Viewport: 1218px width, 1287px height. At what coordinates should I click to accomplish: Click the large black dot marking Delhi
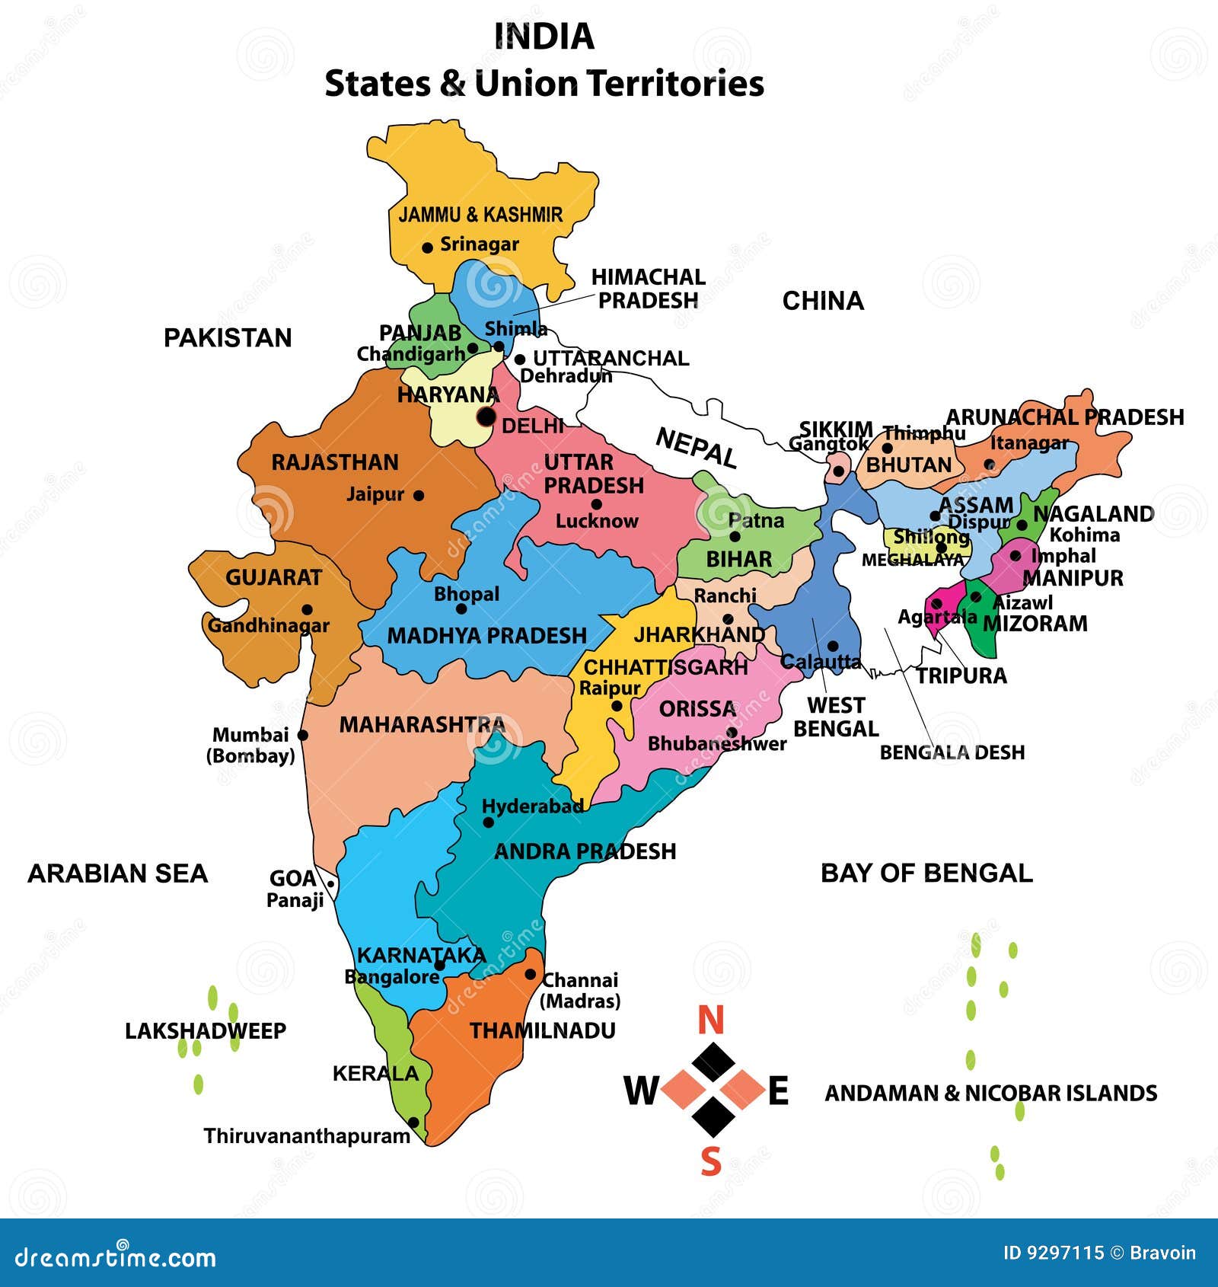486,417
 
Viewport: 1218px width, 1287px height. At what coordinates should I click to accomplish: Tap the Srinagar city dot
427,248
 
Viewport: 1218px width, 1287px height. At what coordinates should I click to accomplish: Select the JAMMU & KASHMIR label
480,215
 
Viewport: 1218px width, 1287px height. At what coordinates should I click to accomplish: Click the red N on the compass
710,1020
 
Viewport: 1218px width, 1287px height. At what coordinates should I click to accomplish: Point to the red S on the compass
710,1162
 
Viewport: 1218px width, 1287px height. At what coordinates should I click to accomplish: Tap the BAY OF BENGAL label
926,873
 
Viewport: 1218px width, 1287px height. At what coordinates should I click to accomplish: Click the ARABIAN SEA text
118,873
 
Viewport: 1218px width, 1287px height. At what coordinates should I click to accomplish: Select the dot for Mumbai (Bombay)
302,735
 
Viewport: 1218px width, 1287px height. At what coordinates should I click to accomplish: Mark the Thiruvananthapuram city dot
413,1123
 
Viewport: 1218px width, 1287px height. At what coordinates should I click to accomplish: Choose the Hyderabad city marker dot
489,822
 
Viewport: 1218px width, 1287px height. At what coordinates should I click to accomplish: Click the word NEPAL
696,447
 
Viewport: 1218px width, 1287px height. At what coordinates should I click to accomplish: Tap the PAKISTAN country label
228,337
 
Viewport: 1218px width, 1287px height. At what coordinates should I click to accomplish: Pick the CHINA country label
823,301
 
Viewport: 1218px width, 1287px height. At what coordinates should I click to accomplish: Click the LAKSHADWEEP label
206,1031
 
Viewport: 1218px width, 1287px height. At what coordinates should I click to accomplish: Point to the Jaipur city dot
418,495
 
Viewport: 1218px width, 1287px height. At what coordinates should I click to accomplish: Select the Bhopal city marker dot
461,608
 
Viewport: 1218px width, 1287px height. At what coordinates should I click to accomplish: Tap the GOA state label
292,879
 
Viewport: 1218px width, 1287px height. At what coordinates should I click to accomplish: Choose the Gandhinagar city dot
307,609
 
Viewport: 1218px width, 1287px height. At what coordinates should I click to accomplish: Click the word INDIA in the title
544,37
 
